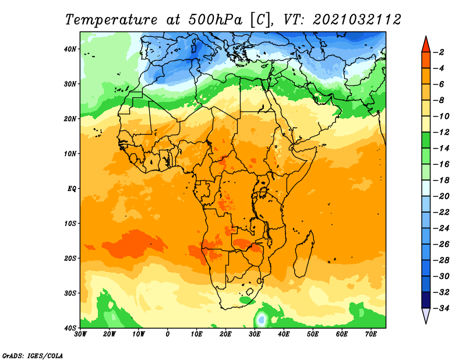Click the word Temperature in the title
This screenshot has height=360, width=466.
[111, 20]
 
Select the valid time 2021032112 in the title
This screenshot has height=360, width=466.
[357, 19]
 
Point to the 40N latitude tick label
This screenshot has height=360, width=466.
[70, 49]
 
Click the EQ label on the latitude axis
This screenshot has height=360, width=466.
[72, 189]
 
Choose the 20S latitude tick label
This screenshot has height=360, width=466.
[70, 258]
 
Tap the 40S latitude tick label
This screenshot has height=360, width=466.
[70, 328]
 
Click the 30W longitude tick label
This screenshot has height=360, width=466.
[80, 334]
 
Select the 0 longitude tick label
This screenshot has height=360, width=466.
[168, 334]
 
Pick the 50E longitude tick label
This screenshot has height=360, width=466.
[313, 334]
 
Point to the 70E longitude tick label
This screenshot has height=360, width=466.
[370, 334]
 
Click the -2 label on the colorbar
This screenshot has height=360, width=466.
[439, 52]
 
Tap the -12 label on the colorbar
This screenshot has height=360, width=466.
[442, 132]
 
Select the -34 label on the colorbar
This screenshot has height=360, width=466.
[442, 308]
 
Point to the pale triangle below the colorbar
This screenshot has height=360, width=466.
[426, 315]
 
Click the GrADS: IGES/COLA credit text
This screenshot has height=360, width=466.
[33, 355]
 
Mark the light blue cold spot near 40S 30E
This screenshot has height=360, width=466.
[261, 320]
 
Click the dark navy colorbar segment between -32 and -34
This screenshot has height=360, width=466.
[426, 300]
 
